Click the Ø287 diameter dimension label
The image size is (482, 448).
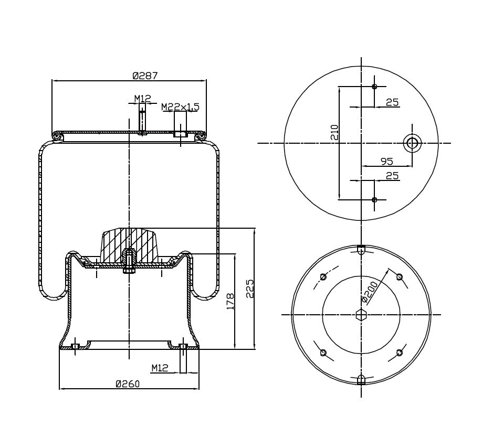tap(145, 76)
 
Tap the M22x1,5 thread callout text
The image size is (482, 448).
tap(180, 107)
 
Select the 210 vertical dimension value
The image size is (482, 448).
tap(334, 132)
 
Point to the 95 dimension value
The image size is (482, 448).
tap(386, 161)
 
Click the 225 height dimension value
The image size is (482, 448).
tap(250, 289)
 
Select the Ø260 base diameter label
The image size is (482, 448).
tap(128, 384)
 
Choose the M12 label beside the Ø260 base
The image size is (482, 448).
tap(160, 368)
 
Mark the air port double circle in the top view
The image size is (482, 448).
tap(412, 143)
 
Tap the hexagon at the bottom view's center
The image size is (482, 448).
tap(361, 315)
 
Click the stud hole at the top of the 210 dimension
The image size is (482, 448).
tap(374, 87)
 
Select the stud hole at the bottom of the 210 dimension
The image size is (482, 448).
tap(374, 199)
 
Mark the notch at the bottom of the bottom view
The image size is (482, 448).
tap(361, 380)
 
